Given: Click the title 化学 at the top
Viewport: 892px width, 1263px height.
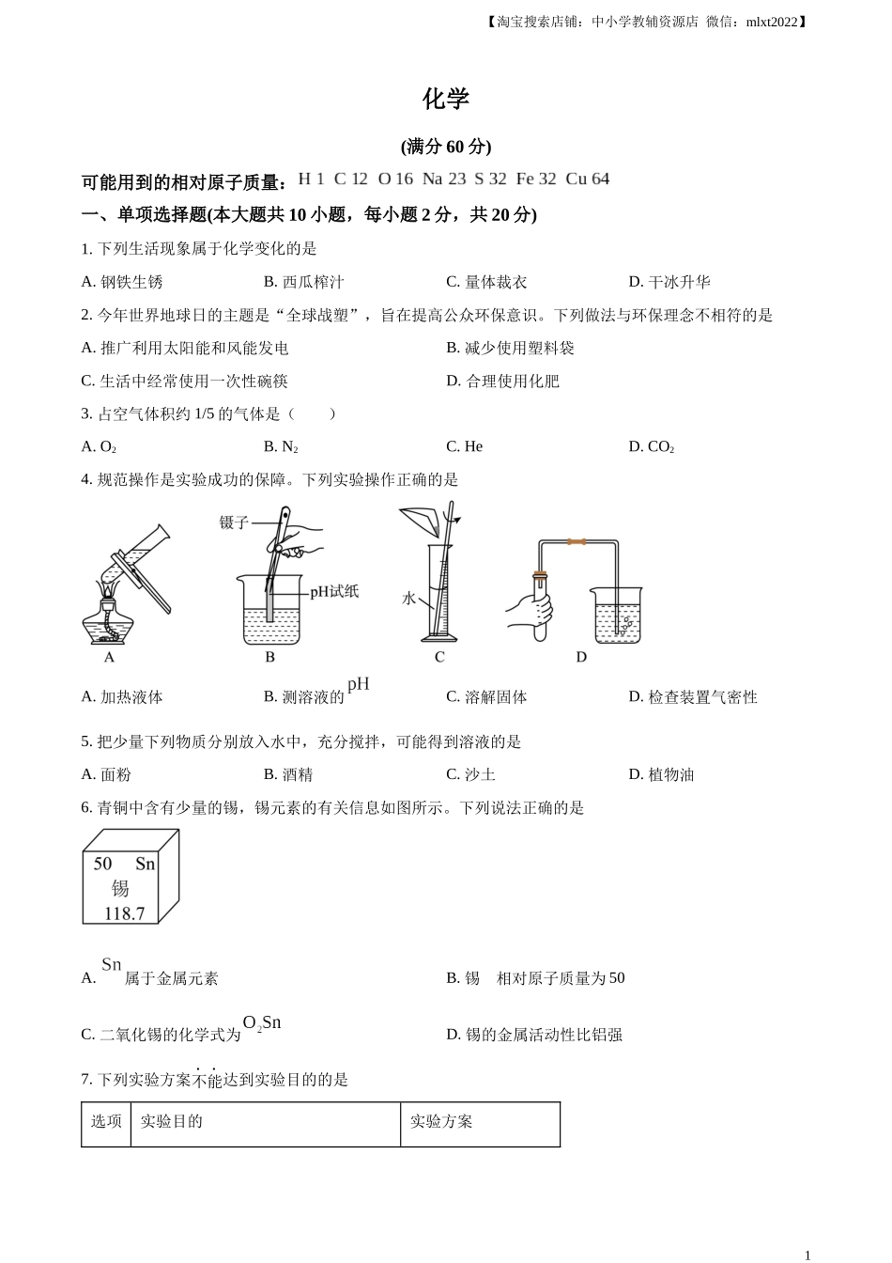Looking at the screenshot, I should point(445,100).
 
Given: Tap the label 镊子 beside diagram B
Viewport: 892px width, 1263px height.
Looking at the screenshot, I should point(234,522).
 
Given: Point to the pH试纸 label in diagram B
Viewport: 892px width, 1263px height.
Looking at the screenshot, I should point(334,591).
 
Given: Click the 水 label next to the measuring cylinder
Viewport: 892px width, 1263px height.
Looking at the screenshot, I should point(408,598).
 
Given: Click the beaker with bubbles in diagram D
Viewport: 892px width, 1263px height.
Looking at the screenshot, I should point(618,616).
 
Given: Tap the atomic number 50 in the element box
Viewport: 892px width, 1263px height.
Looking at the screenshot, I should point(102,864).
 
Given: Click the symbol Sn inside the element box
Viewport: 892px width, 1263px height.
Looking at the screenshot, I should point(145,864).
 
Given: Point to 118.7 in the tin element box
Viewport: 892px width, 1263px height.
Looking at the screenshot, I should point(124,913).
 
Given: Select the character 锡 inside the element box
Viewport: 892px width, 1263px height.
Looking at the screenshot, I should point(120,888).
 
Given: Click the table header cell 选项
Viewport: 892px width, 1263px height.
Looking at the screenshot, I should point(106,1121).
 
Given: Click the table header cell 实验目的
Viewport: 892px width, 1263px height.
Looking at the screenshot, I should point(171,1121).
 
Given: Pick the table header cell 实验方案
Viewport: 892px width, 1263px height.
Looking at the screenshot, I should point(441,1121).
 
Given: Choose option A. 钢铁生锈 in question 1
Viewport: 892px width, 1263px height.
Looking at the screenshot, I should point(122,282).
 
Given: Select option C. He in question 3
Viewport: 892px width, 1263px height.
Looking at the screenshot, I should point(464,446).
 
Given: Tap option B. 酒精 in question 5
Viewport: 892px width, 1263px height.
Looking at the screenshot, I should point(288,774).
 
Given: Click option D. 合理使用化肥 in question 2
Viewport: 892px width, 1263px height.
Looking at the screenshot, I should point(502,381).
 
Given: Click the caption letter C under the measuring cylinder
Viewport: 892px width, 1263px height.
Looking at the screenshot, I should point(439,657).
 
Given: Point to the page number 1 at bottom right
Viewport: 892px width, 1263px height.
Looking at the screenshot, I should point(807,1255).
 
